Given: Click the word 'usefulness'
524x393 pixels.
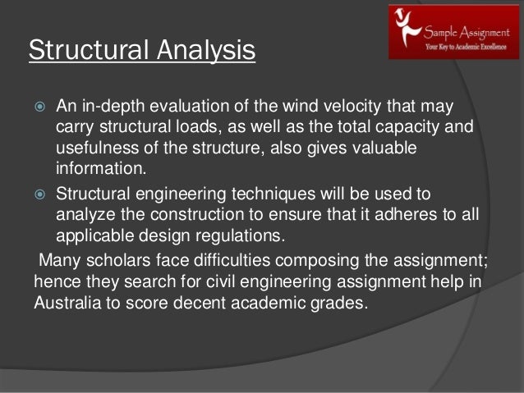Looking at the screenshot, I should click(x=97, y=151).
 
